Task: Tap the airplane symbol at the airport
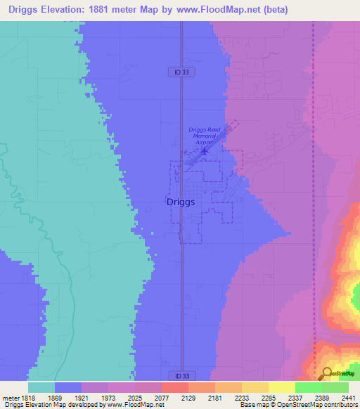(x=205, y=150)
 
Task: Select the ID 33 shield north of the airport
(x=182, y=72)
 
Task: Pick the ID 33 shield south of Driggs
(x=182, y=377)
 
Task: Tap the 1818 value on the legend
(x=28, y=397)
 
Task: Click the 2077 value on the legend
(x=161, y=397)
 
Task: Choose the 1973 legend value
(x=108, y=397)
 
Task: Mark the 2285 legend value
(x=268, y=397)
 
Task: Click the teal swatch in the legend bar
(x=41, y=387)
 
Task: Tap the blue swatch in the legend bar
(x=67, y=387)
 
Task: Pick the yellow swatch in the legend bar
(x=281, y=387)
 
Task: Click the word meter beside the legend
(x=11, y=397)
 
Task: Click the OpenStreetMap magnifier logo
(x=326, y=372)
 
